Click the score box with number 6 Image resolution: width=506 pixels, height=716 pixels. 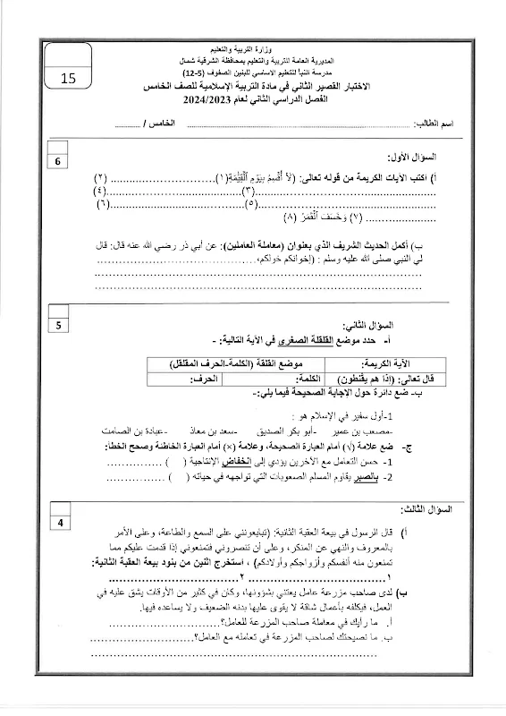tap(59, 162)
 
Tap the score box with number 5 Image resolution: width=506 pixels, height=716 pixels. tap(59, 325)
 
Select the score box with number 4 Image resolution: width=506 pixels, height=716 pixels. tap(59, 524)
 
